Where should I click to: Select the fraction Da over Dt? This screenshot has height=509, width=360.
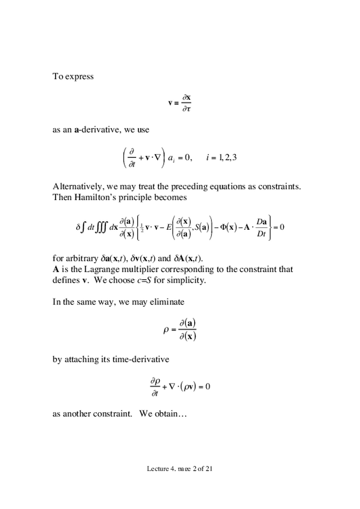tap(261, 227)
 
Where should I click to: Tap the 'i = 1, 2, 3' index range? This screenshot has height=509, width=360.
tap(221, 158)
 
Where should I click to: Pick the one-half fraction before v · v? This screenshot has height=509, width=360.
tap(143, 227)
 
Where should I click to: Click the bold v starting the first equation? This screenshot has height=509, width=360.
tap(170, 103)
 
